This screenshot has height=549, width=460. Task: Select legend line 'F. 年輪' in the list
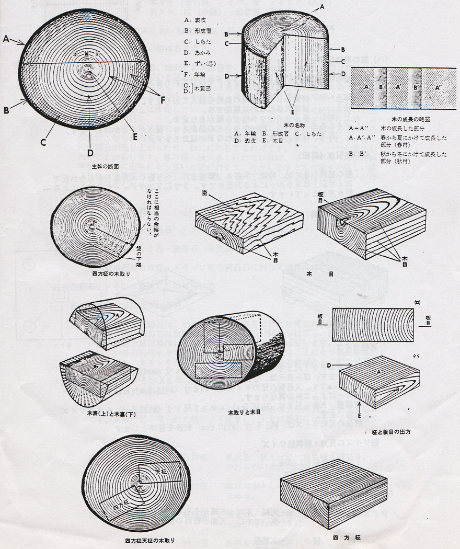197,74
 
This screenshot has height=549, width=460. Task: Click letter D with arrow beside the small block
330,364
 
